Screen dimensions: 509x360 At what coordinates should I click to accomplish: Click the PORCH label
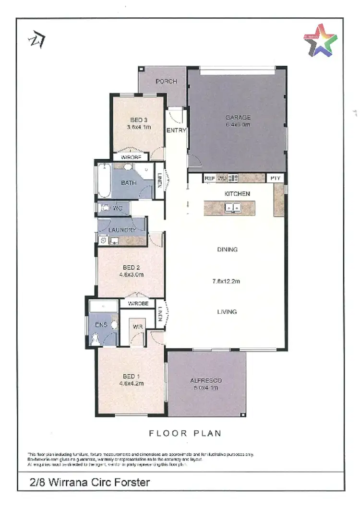tap(166, 82)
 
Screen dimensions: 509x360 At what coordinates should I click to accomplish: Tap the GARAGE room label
tap(238, 117)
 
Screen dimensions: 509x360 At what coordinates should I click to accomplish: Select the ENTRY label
tap(176, 130)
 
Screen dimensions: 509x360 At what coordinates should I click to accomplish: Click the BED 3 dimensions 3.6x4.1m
tap(139, 128)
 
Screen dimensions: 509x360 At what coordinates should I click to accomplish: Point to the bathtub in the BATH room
tap(104, 181)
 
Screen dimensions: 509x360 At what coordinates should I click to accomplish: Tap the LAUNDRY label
tap(122, 230)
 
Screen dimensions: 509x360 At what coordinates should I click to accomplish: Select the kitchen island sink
tap(233, 208)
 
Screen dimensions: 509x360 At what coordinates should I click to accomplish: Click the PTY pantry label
tap(275, 178)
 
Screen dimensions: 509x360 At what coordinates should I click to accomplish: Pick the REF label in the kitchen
tap(209, 178)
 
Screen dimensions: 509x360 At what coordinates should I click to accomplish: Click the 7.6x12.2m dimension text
tap(227, 282)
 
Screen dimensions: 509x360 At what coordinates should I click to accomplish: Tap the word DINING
tap(227, 249)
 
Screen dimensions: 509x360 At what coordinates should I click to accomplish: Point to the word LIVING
tap(227, 312)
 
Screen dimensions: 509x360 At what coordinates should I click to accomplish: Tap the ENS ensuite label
tap(101, 325)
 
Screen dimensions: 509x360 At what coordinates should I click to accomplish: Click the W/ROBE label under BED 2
tap(137, 304)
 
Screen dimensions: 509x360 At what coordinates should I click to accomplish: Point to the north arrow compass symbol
tap(36, 40)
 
